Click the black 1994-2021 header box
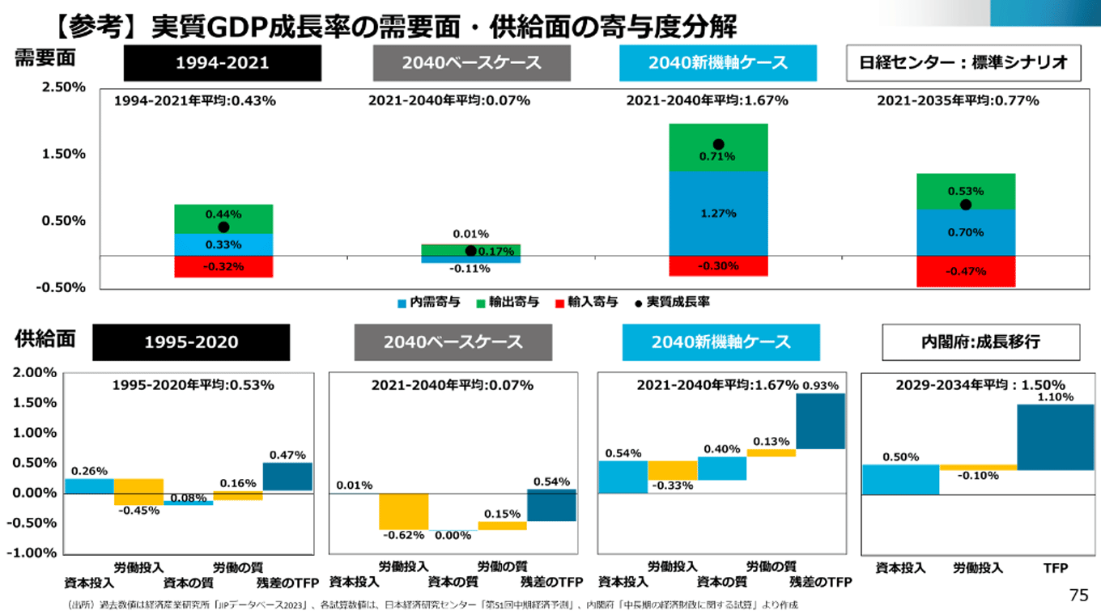(223, 63)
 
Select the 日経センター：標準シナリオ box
(963, 63)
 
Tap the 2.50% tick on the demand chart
(64, 87)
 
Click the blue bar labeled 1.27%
(718, 213)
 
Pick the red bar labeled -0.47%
(965, 271)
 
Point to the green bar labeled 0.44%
(224, 218)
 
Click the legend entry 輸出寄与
(508, 302)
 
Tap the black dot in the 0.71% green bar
(718, 145)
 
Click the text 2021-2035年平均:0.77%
(958, 101)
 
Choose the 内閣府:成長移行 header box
(980, 341)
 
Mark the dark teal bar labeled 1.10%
(1055, 437)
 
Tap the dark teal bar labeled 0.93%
(820, 421)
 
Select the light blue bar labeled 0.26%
(89, 486)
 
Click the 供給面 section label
(45, 340)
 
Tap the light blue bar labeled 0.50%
(900, 479)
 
